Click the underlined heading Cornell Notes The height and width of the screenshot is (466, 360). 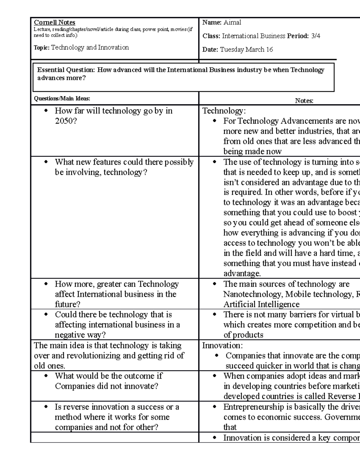coord(54,23)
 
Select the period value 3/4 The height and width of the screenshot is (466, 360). coord(315,36)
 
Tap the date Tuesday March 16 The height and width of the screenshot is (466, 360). coord(246,50)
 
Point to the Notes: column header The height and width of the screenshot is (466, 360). coord(304,101)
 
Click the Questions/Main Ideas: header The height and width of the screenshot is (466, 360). coord(62,98)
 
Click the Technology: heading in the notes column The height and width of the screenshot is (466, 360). coord(224,111)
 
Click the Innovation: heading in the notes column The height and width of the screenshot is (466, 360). coord(222,345)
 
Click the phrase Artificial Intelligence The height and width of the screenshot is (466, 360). coord(261,305)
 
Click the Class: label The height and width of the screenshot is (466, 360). coord(211,36)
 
